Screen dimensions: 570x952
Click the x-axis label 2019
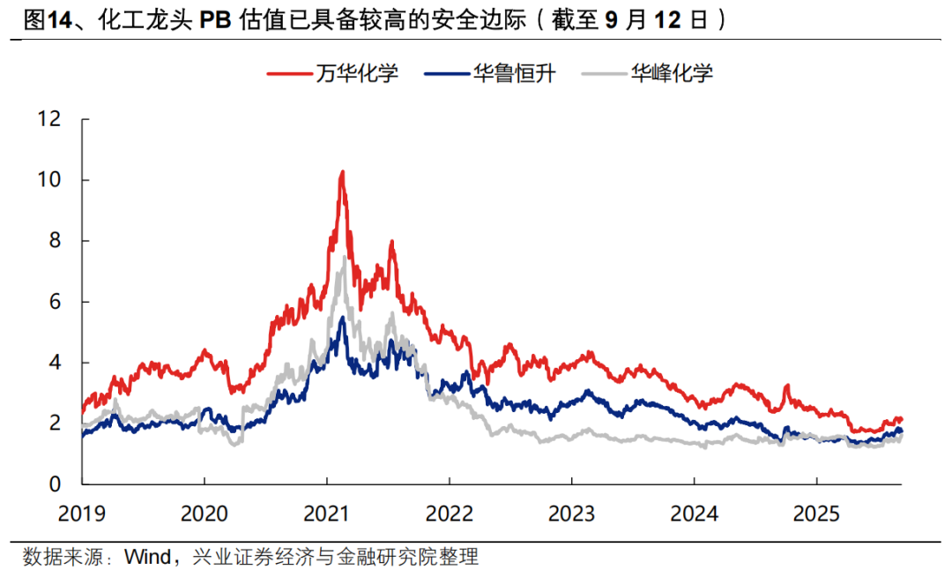click(x=82, y=512)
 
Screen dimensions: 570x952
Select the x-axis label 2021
click(x=327, y=512)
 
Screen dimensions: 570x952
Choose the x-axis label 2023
click(x=571, y=512)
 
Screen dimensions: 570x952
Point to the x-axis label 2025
click(x=815, y=512)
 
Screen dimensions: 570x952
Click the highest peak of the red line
click(x=342, y=172)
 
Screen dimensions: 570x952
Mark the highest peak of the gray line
click(x=344, y=257)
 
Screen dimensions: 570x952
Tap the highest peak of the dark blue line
click(x=342, y=318)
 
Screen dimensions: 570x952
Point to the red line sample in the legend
click(x=289, y=73)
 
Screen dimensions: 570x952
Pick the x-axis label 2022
click(x=449, y=512)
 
